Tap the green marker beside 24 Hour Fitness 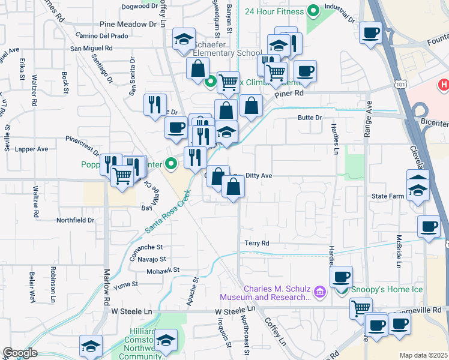[x=313, y=10]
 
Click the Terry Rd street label [x=257, y=243]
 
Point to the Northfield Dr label [x=76, y=220]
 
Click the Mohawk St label [x=164, y=270]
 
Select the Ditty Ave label [x=259, y=175]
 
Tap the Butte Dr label [x=310, y=118]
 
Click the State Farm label [x=387, y=196]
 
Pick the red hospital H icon [x=444, y=85]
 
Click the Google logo [x=20, y=353]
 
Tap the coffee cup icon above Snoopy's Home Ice [x=342, y=277]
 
